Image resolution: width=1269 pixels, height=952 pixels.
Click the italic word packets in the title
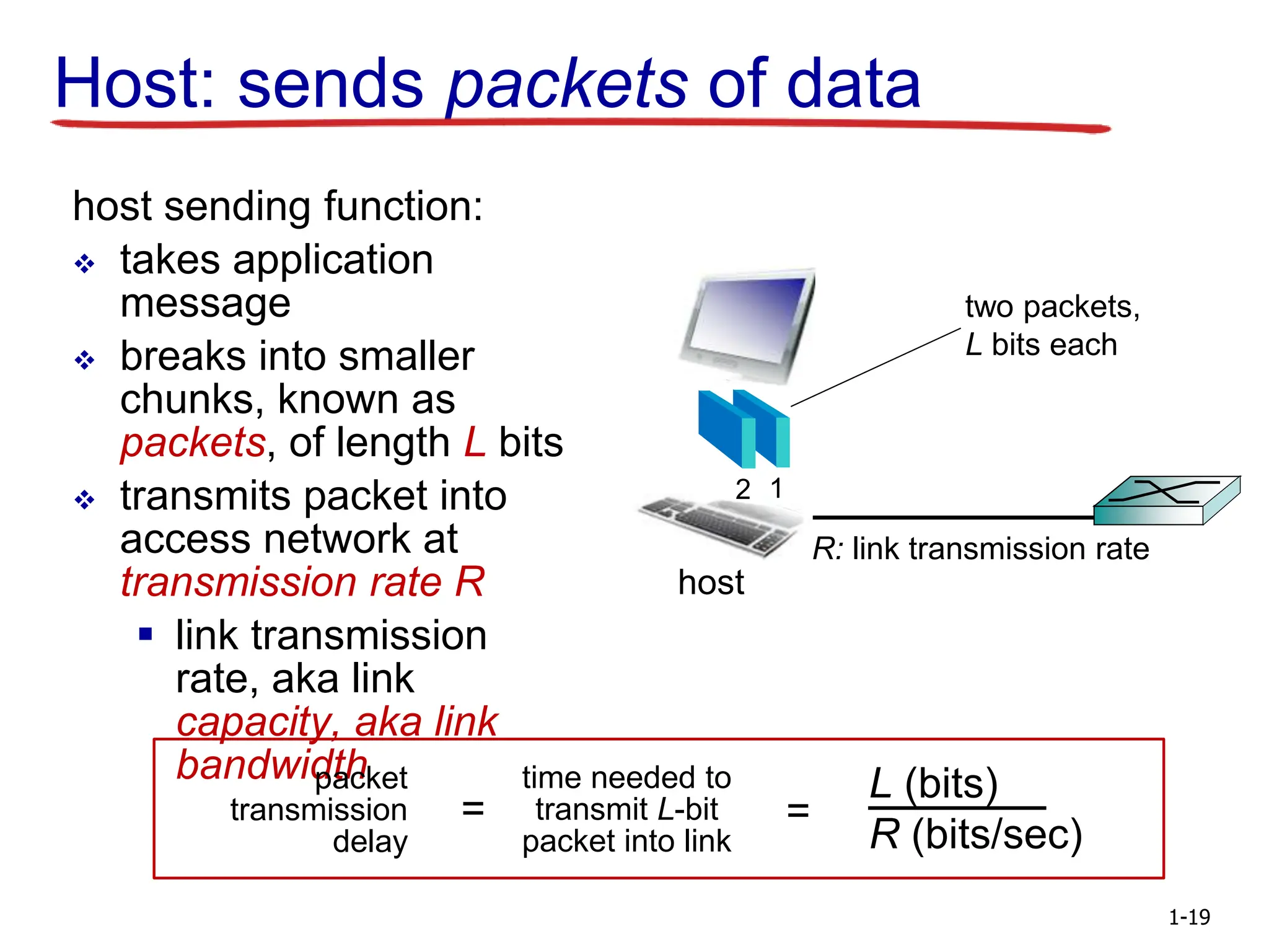click(566, 85)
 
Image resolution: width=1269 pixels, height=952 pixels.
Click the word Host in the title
click(133, 84)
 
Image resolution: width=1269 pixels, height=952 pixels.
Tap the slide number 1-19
click(1188, 917)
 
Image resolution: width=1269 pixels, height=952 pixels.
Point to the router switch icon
click(1167, 501)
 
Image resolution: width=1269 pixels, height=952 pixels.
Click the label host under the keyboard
click(711, 583)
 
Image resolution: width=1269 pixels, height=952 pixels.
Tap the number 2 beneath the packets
click(742, 490)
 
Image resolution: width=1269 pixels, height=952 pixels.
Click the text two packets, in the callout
click(1052, 307)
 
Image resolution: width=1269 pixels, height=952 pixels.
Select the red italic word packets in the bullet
click(193, 443)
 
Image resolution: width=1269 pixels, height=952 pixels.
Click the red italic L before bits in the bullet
click(474, 443)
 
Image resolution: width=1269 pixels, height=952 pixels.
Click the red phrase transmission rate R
click(302, 583)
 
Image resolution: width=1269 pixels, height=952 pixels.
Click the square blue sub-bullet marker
click(146, 633)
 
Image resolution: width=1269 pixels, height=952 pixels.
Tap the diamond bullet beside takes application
click(84, 264)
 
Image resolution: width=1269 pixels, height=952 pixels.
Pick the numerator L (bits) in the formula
click(933, 783)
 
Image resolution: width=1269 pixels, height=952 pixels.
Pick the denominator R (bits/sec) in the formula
click(975, 834)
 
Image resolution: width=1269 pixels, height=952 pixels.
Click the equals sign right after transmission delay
click(473, 809)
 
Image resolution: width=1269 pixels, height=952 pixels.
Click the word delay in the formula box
click(370, 842)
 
